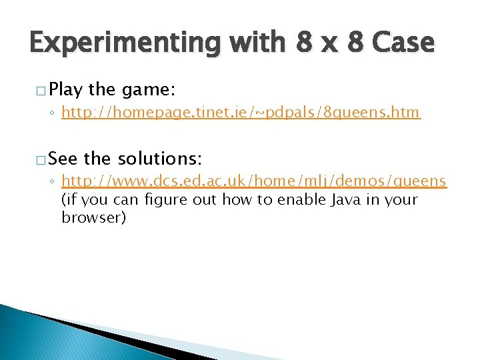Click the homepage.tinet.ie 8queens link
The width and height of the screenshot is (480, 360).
(241, 113)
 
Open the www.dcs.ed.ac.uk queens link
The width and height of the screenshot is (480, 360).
(253, 182)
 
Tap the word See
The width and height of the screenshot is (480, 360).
(63, 159)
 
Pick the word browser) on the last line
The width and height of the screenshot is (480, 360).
(93, 217)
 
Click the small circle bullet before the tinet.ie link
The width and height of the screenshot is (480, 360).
(53, 114)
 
